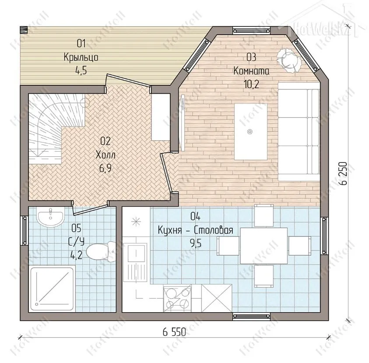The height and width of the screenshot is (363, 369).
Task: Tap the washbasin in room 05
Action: click(50, 218)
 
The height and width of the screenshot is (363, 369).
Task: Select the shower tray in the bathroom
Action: click(52, 289)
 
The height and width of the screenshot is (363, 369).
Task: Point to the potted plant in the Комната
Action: click(289, 60)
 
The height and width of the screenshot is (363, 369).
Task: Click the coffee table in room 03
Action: click(251, 132)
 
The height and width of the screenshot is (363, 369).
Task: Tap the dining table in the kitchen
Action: click(264, 246)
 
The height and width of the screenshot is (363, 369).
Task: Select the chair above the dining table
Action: click(264, 215)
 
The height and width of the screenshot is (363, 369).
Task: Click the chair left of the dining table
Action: click(228, 246)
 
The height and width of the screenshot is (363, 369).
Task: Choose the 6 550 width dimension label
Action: click(174, 332)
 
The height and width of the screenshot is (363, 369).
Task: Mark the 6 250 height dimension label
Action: click(344, 173)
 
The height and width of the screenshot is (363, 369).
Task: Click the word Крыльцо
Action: click(81, 57)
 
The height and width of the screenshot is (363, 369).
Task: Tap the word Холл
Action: click(105, 155)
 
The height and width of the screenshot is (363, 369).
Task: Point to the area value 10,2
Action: click(251, 84)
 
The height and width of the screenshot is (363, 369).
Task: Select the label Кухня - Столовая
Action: click(195, 230)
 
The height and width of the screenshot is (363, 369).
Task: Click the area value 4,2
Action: click(77, 255)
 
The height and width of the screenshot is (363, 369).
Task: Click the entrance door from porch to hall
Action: click(128, 81)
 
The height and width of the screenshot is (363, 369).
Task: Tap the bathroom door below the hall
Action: click(90, 208)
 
